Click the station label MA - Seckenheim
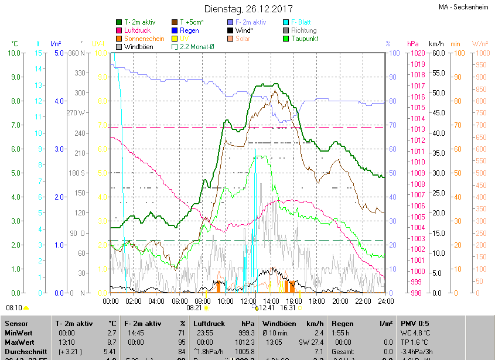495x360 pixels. [465, 8]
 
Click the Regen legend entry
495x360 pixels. [189, 30]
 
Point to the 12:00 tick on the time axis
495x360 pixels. [248, 301]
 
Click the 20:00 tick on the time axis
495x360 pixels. [340, 301]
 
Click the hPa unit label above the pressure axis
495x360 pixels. [412, 44]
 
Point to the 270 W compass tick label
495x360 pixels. [76, 113]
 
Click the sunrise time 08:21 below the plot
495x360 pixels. [194, 307]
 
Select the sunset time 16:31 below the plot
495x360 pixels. [288, 307]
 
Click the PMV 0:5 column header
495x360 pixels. [415, 323]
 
